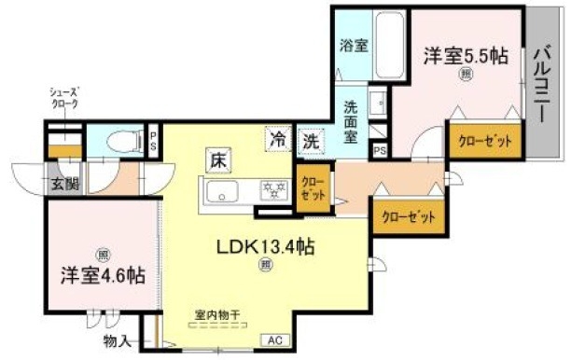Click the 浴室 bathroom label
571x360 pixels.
(x=351, y=44)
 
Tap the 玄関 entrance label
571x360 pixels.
(x=64, y=184)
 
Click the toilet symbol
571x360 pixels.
(x=120, y=142)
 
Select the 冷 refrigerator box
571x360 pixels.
(x=277, y=141)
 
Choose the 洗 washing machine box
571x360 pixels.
(x=310, y=143)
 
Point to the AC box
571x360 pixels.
(x=276, y=340)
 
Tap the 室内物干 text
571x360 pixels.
(x=217, y=315)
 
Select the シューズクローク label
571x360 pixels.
(x=64, y=98)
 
